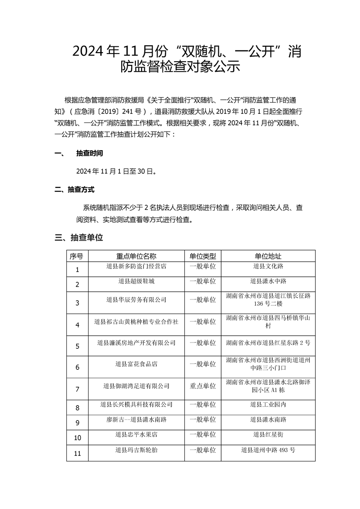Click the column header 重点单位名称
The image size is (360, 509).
point(136,256)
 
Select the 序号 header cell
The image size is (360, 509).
point(76,256)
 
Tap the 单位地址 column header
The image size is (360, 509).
point(268,256)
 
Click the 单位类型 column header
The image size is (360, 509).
point(202,256)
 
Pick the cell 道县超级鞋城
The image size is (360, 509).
point(136,281)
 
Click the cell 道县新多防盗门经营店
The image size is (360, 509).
point(136,266)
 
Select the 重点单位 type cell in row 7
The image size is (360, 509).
point(202,386)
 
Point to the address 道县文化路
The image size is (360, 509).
point(268,266)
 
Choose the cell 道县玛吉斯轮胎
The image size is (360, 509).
point(136,450)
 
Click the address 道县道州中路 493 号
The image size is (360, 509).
point(268,450)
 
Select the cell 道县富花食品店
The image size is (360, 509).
point(136,364)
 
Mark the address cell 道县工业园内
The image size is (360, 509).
point(268,404)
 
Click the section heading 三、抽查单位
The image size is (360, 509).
point(79,237)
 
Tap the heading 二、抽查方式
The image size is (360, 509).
point(74,190)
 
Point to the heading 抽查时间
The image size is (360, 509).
point(89,154)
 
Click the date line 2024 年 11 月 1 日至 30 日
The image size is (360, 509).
point(117,171)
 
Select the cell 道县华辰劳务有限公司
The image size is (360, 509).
point(136,300)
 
